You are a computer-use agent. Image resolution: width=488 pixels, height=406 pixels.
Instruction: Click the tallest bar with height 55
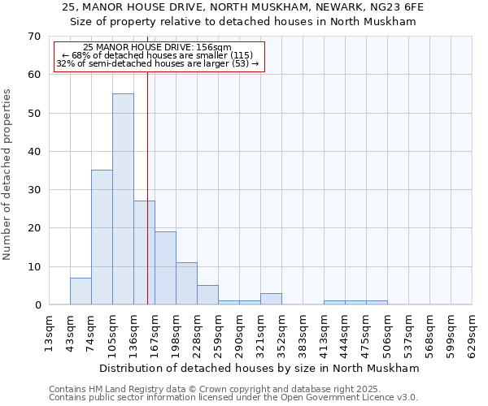point(123,199)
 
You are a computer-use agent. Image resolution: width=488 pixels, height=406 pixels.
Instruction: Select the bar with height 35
point(102,237)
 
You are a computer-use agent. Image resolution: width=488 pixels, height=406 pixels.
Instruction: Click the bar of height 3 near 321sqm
point(271,299)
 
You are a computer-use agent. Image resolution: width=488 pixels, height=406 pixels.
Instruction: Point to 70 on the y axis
point(33,37)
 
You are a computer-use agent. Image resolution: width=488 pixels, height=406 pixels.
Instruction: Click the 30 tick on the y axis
point(33,190)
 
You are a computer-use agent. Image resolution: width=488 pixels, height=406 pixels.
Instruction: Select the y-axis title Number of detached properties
point(7,175)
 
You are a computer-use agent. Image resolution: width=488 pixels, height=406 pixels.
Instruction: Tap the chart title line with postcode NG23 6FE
point(243,7)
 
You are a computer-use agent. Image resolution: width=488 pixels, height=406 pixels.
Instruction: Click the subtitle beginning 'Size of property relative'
point(243,22)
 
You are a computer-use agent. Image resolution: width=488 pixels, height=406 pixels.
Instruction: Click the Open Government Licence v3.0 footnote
point(233,398)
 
